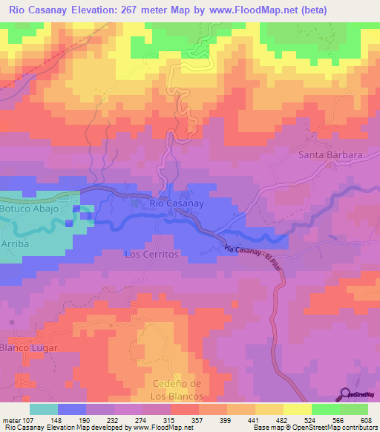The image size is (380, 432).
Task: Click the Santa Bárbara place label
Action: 330,155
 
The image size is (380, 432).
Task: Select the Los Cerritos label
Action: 152,254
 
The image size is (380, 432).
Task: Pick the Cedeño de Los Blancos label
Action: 177,388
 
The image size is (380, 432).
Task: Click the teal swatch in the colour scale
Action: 44,409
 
